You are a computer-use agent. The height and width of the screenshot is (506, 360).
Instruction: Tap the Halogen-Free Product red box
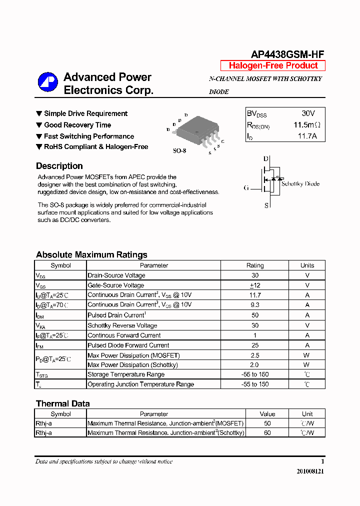pyautogui.click(x=273, y=65)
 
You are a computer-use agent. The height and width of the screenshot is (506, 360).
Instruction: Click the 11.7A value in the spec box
pyautogui.click(x=307, y=135)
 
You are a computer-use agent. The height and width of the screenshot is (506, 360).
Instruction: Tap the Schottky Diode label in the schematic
pyautogui.click(x=300, y=184)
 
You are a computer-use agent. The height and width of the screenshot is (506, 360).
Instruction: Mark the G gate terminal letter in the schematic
pyautogui.click(x=246, y=188)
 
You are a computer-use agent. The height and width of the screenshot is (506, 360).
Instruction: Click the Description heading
pyautogui.click(x=59, y=166)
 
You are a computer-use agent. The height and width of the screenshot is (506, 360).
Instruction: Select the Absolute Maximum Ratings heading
pyautogui.click(x=91, y=254)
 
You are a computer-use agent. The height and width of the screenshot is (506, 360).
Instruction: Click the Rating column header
pyautogui.click(x=255, y=265)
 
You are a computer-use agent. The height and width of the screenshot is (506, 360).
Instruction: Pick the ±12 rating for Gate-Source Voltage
pyautogui.click(x=255, y=285)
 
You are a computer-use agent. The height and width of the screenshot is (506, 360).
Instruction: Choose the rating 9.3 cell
pyautogui.click(x=255, y=304)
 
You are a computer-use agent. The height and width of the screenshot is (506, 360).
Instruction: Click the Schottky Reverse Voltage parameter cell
pyautogui.click(x=122, y=325)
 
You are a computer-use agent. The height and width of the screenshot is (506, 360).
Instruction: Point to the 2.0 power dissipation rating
pyautogui.click(x=255, y=365)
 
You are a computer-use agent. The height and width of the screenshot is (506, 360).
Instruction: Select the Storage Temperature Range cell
pyautogui.click(x=126, y=374)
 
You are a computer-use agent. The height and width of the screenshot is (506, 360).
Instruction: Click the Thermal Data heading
pyautogui.click(x=63, y=403)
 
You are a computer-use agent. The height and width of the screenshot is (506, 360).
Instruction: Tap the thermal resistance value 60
pyautogui.click(x=267, y=432)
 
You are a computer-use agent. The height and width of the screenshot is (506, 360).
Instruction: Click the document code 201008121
pyautogui.click(x=310, y=471)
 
